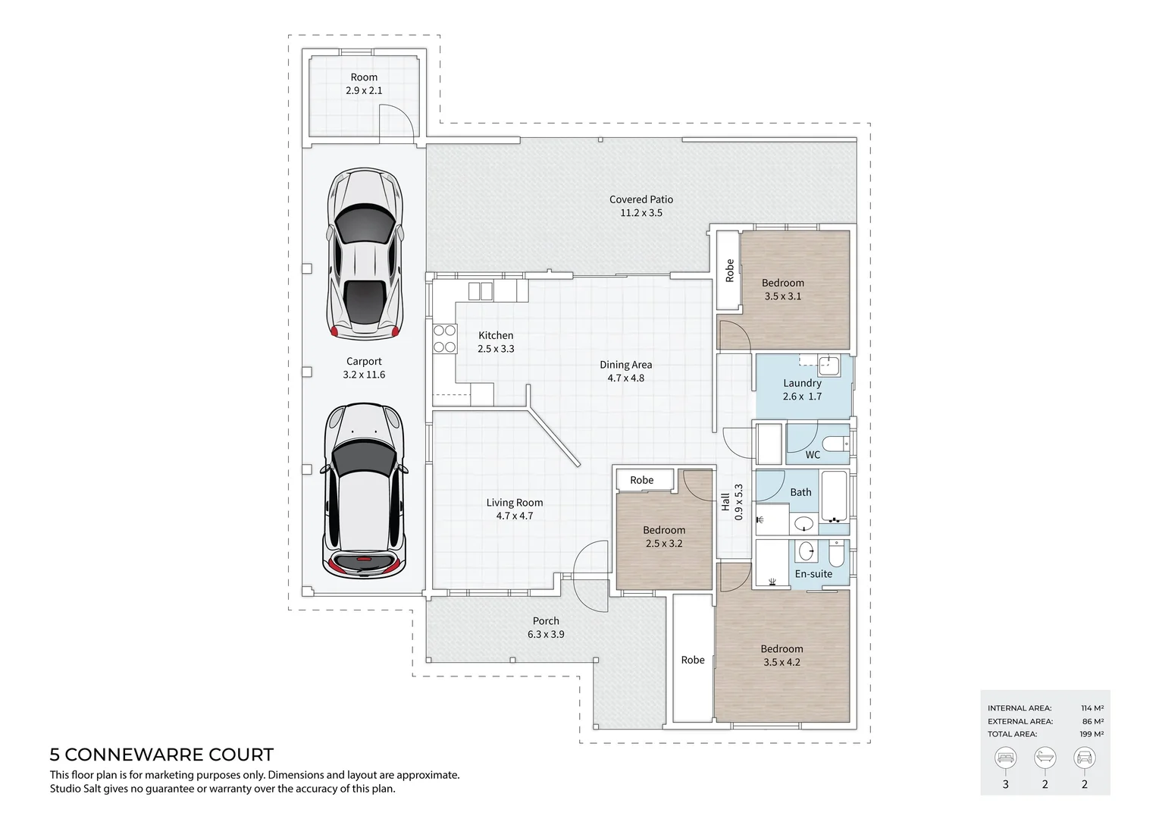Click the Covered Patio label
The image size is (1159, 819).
pos(641,199)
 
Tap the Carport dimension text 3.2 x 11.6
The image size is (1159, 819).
pos(364,375)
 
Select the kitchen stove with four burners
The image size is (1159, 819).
pos(444,338)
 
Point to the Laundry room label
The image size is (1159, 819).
pos(802,383)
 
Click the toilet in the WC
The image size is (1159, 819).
pos(835,444)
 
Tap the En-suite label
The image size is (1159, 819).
pos(813,573)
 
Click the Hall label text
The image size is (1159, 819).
pos(725,502)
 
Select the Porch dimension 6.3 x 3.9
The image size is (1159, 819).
pos(546,634)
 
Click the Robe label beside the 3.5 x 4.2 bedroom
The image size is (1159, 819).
pos(693,660)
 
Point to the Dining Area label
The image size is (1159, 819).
pos(625,365)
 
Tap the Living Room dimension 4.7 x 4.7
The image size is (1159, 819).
pos(514,516)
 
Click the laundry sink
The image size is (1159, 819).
pos(829,366)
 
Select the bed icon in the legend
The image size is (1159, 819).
pos(1005,758)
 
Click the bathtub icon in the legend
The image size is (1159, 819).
pos(1045,758)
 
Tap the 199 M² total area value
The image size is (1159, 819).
pos(1092,734)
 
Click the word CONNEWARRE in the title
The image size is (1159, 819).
pos(134,755)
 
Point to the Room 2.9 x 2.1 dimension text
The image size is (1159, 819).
pos(364,90)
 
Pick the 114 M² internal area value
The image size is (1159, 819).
pos(1092,708)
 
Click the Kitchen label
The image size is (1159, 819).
pos(496,335)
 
